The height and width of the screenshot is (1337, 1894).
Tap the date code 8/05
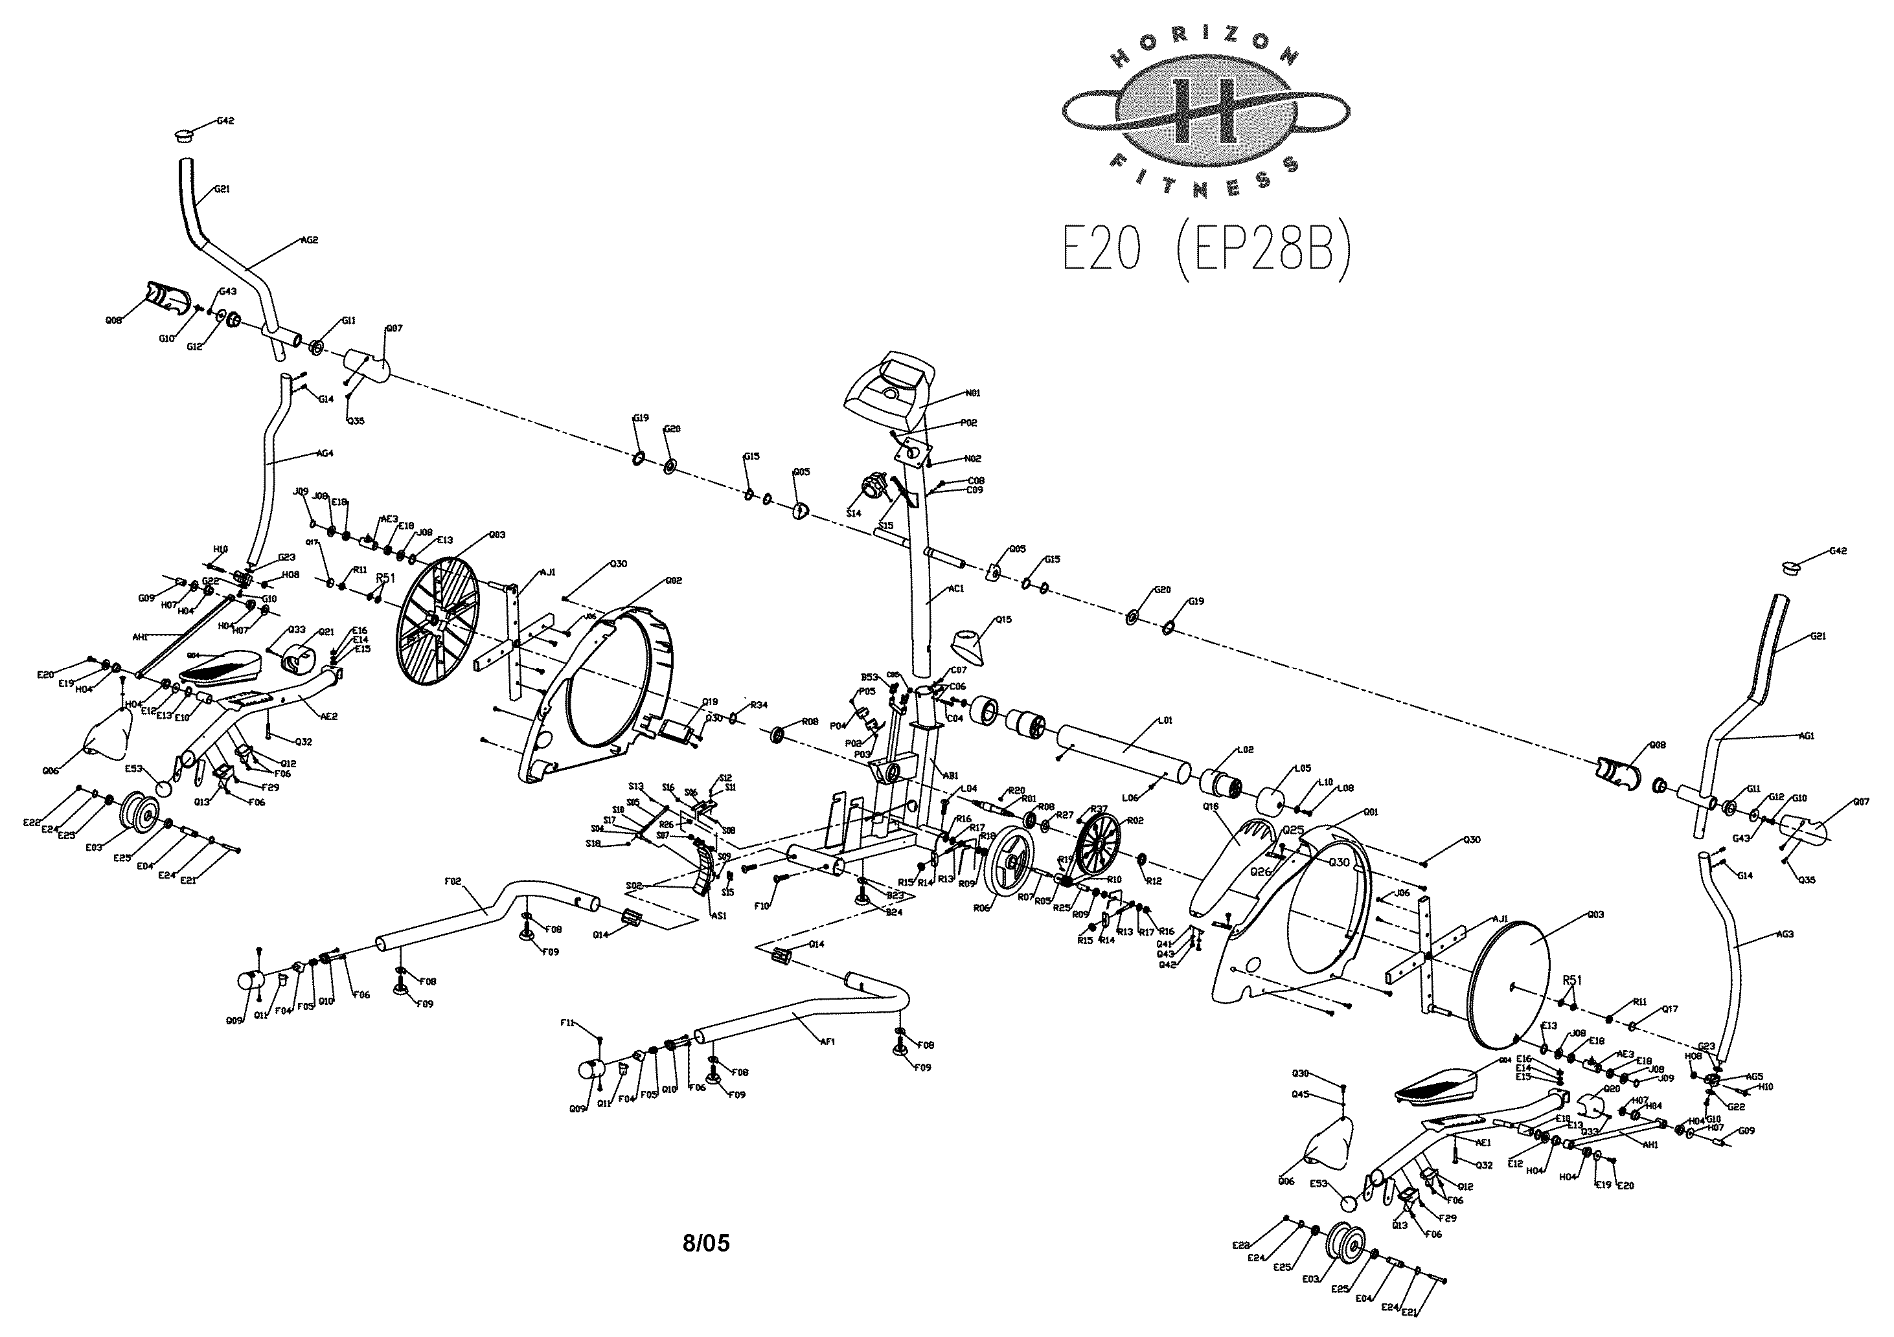706,1243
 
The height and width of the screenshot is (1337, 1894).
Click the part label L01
1165,721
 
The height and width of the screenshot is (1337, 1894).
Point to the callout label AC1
956,589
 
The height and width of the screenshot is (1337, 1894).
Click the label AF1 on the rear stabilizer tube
827,1042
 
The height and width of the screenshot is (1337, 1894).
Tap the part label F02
453,881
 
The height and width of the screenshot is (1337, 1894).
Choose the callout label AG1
1806,736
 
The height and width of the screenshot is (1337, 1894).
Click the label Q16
1211,806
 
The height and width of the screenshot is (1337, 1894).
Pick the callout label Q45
1300,1094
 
